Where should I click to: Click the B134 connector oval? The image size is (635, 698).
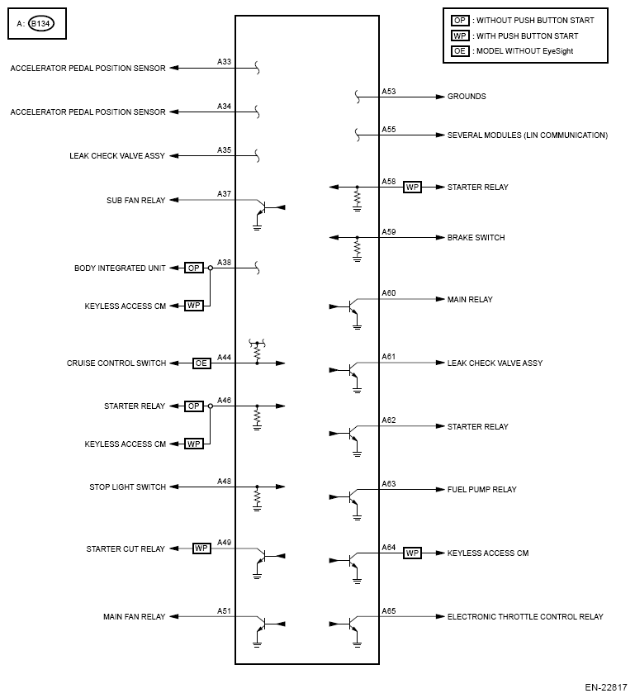click(39, 24)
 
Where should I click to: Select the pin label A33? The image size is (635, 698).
click(224, 62)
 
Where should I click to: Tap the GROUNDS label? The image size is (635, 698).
click(467, 97)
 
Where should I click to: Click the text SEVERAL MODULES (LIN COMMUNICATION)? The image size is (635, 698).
click(527, 135)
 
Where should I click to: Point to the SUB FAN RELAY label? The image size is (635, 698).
click(136, 200)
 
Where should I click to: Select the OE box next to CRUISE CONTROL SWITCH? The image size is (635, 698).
click(201, 363)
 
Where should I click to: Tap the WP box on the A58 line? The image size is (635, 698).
click(412, 188)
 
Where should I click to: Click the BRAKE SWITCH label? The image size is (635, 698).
click(476, 238)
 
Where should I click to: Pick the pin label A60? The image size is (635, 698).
click(389, 293)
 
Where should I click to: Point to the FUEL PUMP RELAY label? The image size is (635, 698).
click(481, 490)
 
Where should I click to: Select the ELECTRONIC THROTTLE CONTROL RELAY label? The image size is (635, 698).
click(525, 617)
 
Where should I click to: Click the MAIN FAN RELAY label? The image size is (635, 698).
click(135, 617)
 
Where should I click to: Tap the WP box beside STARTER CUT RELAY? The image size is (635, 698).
click(201, 548)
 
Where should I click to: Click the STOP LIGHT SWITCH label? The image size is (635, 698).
click(128, 487)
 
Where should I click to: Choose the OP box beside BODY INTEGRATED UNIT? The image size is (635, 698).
click(193, 268)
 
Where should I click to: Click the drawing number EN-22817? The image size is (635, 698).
click(606, 687)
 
